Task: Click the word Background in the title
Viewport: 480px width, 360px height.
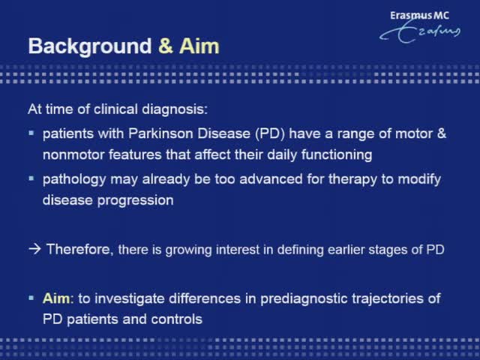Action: (89, 46)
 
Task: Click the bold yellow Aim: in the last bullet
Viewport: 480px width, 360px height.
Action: (58, 298)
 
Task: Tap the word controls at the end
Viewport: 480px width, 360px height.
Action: (177, 318)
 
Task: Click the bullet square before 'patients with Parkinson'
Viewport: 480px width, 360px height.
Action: (32, 134)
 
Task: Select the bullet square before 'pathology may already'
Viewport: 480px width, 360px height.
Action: (32, 181)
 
